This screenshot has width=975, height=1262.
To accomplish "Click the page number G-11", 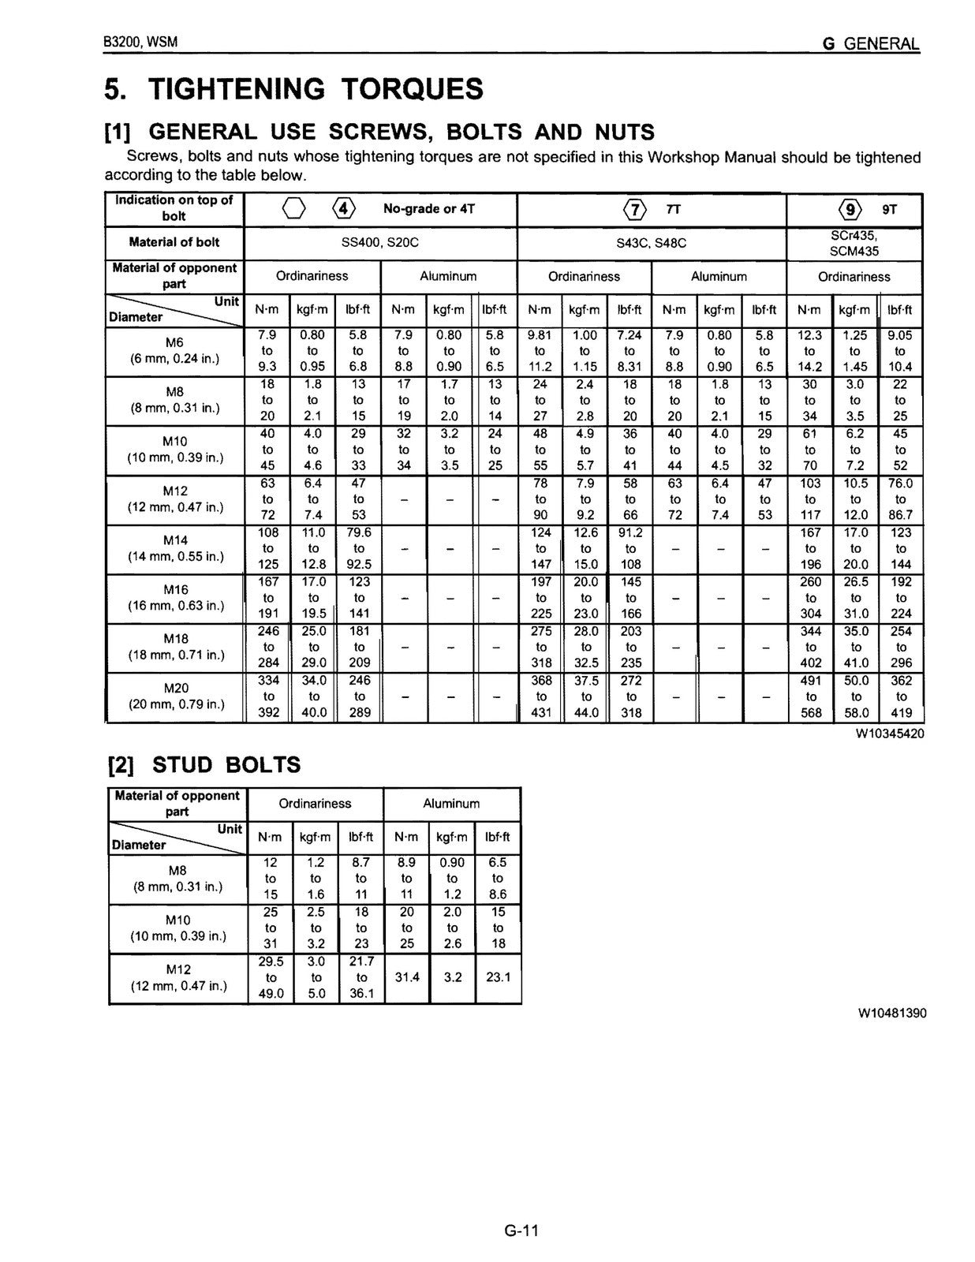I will pyautogui.click(x=521, y=1230).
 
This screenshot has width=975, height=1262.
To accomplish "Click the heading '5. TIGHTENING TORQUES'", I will pyautogui.click(x=293, y=89).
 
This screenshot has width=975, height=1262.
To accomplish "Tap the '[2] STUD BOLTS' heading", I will pyautogui.click(x=204, y=764).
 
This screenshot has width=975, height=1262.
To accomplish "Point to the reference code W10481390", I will pyautogui.click(x=892, y=1013).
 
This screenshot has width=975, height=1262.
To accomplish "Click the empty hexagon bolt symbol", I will pyautogui.click(x=293, y=210).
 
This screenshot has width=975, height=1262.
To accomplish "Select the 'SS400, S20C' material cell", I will pyautogui.click(x=379, y=243).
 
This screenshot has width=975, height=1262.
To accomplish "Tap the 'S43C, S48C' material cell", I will pyautogui.click(x=651, y=243).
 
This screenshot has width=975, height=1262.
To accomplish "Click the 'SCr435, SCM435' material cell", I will pyautogui.click(x=854, y=243).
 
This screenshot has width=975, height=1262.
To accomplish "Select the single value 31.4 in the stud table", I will pyautogui.click(x=406, y=977).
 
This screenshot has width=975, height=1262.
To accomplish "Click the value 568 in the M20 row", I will pyautogui.click(x=811, y=713).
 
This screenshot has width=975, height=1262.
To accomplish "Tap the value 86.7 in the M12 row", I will pyautogui.click(x=901, y=516).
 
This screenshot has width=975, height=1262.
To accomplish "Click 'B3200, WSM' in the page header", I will pyautogui.click(x=140, y=43).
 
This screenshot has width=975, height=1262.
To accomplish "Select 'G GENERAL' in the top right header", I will pyautogui.click(x=871, y=44).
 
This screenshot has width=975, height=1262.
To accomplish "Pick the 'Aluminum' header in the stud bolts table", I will pyautogui.click(x=451, y=804).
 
